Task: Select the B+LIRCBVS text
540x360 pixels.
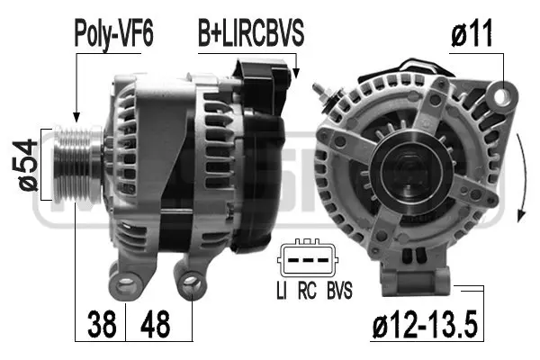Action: (x=251, y=34)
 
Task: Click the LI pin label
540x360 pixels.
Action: (x=282, y=290)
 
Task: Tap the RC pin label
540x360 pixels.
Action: (x=308, y=290)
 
